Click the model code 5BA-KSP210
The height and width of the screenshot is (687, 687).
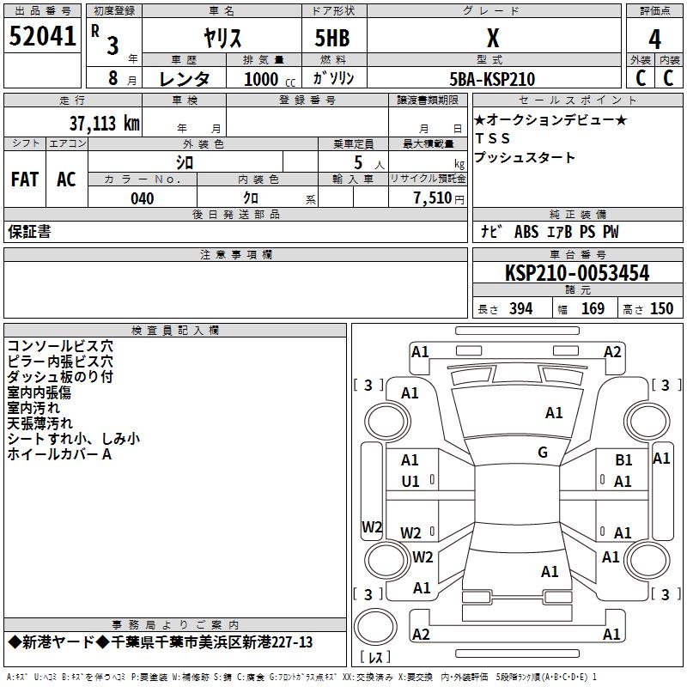(492, 79)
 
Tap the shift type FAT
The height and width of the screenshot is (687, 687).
(25, 179)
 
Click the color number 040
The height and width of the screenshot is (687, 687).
(142, 198)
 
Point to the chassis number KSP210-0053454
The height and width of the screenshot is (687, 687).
(577, 273)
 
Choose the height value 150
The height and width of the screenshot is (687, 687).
(661, 309)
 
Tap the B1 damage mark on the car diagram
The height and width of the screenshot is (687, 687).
(623, 460)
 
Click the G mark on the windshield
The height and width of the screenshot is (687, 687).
(543, 453)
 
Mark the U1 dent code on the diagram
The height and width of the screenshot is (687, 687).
(410, 481)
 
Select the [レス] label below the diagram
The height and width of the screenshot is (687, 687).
(375, 658)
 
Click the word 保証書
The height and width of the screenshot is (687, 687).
(29, 232)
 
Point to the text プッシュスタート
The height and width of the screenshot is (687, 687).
(525, 158)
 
